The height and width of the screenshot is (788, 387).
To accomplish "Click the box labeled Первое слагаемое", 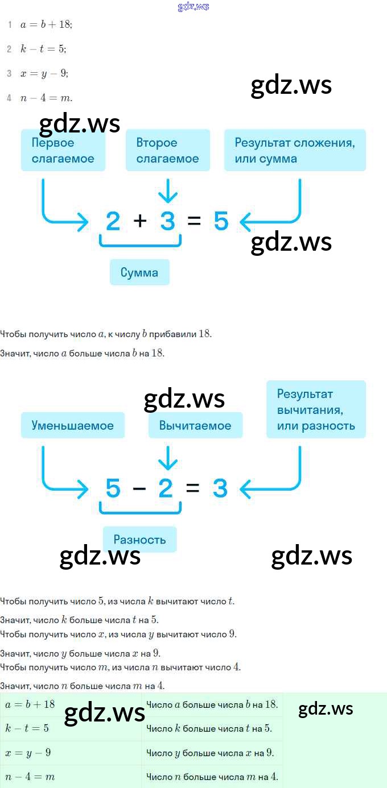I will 63,151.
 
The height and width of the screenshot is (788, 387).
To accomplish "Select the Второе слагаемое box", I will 168,151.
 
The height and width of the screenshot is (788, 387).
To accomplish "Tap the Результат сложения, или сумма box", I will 295,151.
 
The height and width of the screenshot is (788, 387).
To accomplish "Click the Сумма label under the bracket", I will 139,273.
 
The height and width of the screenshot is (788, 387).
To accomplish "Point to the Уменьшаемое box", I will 73,425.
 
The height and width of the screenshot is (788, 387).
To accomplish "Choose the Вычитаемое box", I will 195,425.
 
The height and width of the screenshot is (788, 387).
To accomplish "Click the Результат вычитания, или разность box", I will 316,409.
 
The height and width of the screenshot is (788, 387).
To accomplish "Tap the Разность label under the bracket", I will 139,540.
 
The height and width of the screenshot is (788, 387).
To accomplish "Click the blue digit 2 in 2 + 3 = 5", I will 113,221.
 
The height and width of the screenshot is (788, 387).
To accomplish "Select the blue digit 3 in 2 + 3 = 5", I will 167,221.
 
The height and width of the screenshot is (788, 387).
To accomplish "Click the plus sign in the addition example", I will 140,221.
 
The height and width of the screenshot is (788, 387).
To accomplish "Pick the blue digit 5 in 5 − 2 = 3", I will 113,488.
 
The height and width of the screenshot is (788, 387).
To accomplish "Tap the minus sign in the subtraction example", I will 139,488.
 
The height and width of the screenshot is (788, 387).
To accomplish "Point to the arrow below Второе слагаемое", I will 167,191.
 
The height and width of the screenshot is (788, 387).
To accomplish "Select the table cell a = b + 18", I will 71,704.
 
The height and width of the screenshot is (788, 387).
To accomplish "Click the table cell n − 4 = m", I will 71,777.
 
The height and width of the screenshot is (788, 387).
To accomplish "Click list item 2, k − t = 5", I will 43,49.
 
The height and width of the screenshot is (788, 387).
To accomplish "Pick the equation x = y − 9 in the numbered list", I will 44,73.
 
